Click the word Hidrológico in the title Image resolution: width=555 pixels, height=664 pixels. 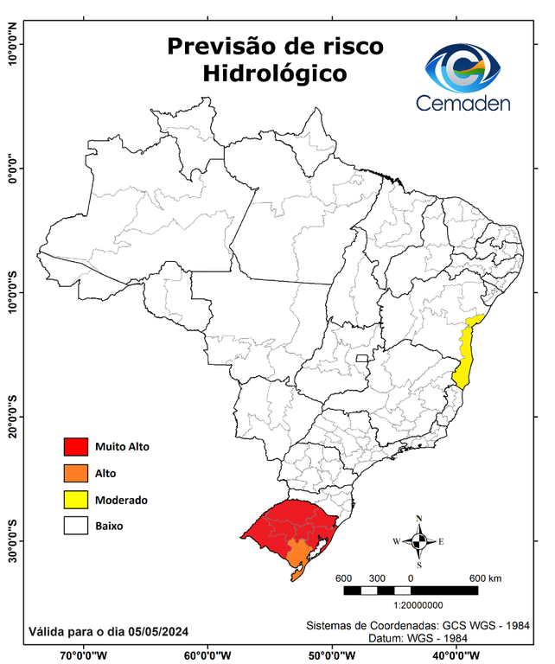[x=275, y=74]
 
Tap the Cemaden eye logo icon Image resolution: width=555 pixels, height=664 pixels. [x=468, y=67]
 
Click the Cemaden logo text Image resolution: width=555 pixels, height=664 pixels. [x=464, y=103]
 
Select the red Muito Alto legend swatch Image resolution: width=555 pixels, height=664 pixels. [x=76, y=447]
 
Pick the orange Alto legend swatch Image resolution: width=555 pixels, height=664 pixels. [x=76, y=473]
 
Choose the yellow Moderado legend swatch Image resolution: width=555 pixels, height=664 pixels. [x=76, y=500]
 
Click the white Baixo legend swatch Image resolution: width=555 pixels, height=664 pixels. [x=76, y=526]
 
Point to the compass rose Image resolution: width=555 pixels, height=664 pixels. [x=419, y=541]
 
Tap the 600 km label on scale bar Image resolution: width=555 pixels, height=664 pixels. [x=485, y=578]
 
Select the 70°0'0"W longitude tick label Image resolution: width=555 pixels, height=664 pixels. [x=84, y=655]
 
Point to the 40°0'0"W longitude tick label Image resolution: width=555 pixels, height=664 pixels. [x=454, y=655]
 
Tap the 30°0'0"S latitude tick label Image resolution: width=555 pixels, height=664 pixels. [x=12, y=539]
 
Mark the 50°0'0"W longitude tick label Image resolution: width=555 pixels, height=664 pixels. [x=330, y=655]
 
